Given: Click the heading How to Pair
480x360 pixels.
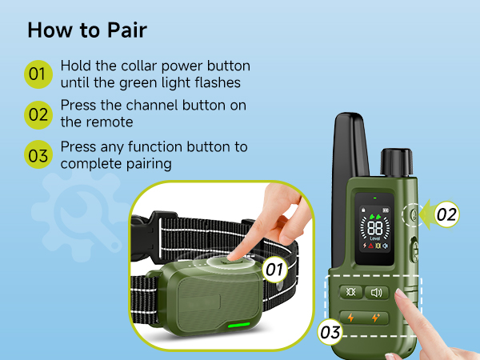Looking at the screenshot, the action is coord(87,30).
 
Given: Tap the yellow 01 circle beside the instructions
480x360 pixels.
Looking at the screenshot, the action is coord(38,74).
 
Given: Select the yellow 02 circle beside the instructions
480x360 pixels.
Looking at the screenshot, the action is coord(38,114).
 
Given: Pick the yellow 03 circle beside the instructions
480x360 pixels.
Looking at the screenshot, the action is coord(38,154).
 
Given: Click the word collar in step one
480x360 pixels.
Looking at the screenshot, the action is coord(139,66).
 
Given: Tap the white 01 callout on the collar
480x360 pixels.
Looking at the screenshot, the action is coord(274,270).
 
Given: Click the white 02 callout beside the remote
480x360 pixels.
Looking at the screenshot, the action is coord(446,214).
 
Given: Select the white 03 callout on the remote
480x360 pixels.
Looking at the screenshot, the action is coord(330,332).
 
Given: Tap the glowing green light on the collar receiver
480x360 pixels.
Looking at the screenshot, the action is coord(239,325).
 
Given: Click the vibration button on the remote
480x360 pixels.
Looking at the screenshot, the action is coord(351,292).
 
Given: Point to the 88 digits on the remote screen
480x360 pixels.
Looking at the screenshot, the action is coord(375,228).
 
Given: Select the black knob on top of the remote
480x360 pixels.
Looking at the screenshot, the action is coord(397,162).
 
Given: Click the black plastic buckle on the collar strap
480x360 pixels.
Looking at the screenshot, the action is coord(146,236).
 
